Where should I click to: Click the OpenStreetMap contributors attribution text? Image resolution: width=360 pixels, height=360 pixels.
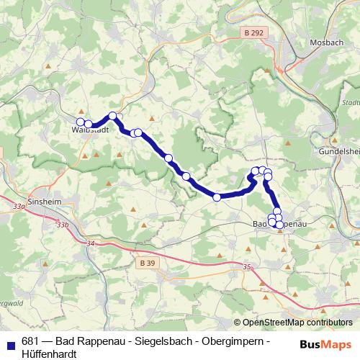[x=297, y=323]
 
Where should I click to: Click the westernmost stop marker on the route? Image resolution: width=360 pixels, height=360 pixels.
[x=81, y=122]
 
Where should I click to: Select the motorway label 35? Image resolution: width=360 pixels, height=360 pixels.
[x=248, y=267]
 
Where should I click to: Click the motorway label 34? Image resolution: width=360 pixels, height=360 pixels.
[x=90, y=245]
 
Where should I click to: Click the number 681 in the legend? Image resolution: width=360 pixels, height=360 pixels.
[x=30, y=341]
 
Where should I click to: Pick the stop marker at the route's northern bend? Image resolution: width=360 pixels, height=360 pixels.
[x=113, y=115]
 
